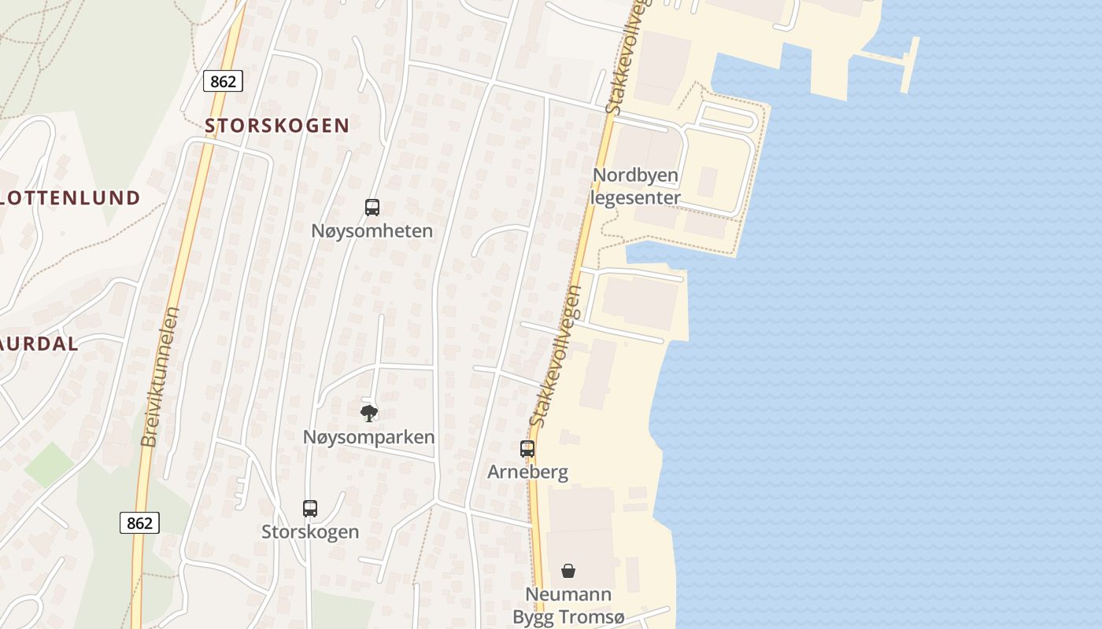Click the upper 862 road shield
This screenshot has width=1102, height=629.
tap(223, 81)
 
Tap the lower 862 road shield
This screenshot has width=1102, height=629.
tap(139, 523)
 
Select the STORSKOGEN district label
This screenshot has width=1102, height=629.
tap(277, 126)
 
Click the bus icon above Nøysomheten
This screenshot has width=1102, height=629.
tap(372, 208)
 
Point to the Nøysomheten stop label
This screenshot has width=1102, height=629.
tap(372, 231)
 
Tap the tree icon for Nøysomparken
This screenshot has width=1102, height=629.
tap(368, 414)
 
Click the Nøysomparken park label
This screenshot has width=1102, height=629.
tap(368, 437)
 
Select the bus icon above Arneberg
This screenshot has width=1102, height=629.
tap(527, 449)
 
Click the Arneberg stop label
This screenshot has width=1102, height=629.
tap(527, 472)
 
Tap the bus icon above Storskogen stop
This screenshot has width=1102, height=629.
tap(310, 509)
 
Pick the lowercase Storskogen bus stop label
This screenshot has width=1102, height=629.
tap(310, 532)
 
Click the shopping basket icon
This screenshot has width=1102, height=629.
tap(568, 571)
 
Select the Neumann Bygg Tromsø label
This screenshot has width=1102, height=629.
tap(568, 606)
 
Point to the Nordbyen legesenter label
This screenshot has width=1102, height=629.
tap(635, 186)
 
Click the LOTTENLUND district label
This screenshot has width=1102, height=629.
tap(69, 198)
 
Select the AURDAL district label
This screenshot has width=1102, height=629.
tap(39, 344)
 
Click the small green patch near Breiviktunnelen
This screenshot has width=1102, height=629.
tap(49, 464)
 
